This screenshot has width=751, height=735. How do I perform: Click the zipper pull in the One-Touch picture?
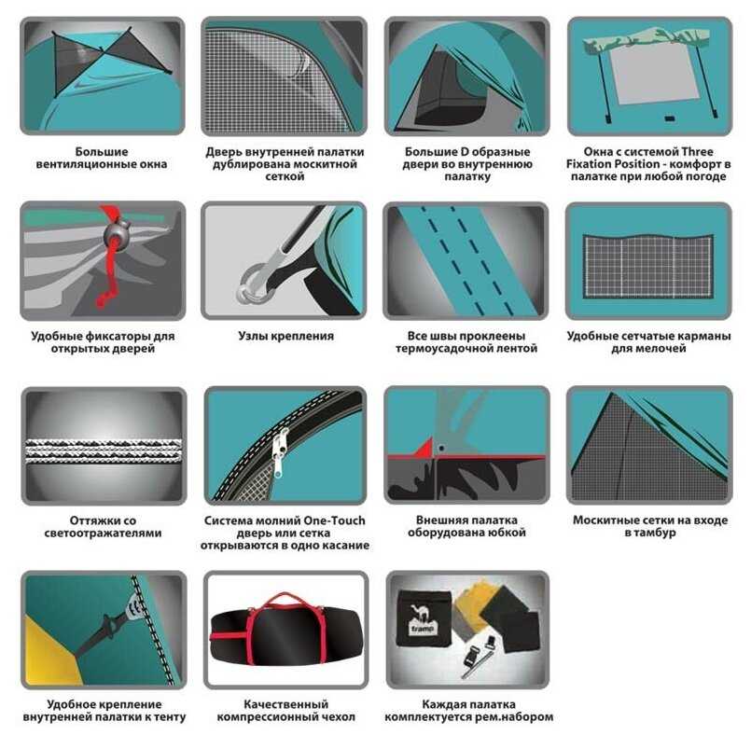click(x=279, y=451)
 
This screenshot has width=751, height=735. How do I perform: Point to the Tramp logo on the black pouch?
click(x=422, y=621)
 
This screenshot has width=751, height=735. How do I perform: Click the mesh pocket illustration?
click(x=648, y=265)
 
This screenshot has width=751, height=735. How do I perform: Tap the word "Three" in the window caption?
click(x=697, y=152)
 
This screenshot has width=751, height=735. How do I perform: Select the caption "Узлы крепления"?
click(x=285, y=336)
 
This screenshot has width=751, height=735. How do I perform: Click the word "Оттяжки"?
click(x=90, y=520)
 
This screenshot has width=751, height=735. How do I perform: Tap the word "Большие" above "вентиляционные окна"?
click(x=102, y=152)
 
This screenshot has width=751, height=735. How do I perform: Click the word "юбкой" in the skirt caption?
click(x=508, y=533)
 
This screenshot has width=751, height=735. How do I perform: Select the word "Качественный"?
click(x=285, y=704)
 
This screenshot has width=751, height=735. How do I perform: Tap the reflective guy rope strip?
click(x=104, y=451)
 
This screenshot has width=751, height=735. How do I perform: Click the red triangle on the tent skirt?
click(x=424, y=449)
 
